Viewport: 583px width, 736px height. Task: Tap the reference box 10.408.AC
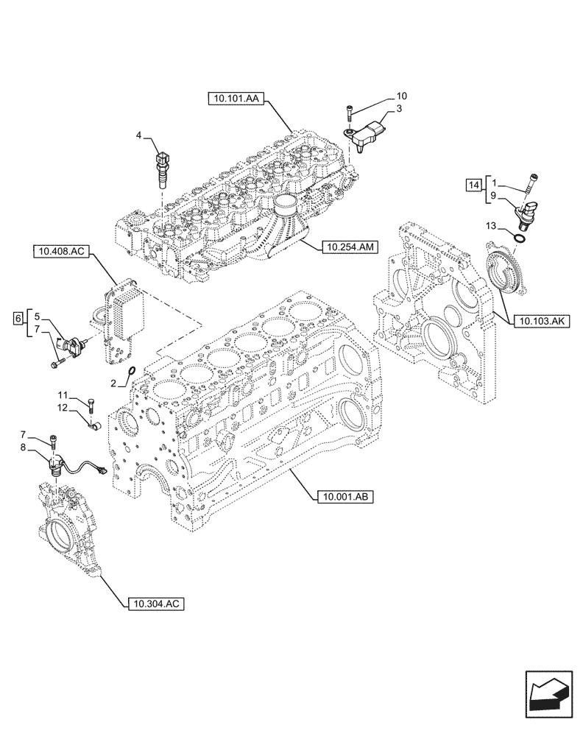pyautogui.click(x=60, y=252)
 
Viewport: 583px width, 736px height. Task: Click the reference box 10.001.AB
pyautogui.click(x=344, y=498)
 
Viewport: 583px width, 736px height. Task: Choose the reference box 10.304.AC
pyautogui.click(x=151, y=604)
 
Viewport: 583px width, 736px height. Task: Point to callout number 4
pyautogui.click(x=138, y=135)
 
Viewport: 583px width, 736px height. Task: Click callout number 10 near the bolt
pyautogui.click(x=401, y=96)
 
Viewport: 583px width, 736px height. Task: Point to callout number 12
pyautogui.click(x=64, y=408)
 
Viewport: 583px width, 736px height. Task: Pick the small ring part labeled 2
pyautogui.click(x=131, y=372)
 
